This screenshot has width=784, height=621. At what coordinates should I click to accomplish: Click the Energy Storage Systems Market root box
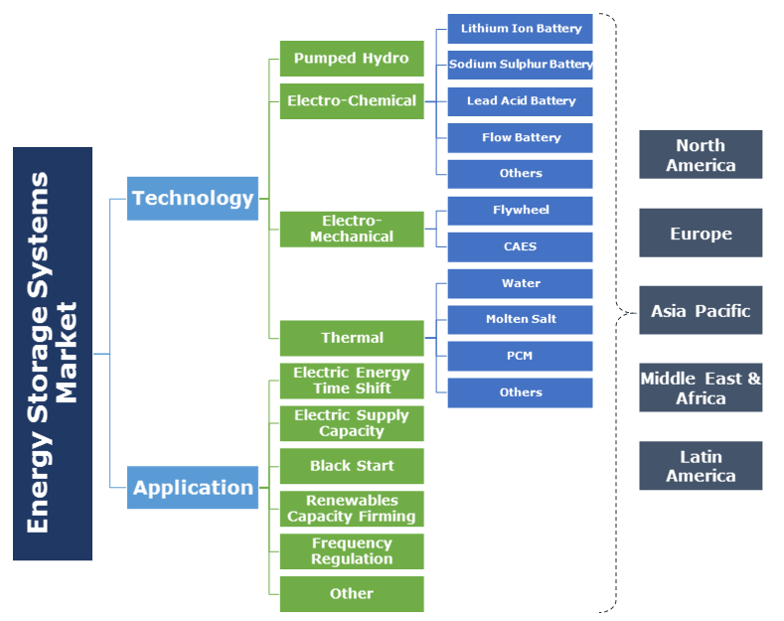pyautogui.click(x=53, y=353)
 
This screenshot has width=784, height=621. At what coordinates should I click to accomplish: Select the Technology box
pyautogui.click(x=193, y=198)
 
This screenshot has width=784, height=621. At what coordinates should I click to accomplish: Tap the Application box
pyautogui.click(x=193, y=487)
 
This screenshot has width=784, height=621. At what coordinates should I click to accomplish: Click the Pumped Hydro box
pyautogui.click(x=352, y=59)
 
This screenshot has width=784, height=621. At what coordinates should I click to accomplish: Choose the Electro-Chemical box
pyautogui.click(x=352, y=100)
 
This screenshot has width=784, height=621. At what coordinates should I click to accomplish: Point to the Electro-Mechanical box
pyautogui.click(x=352, y=229)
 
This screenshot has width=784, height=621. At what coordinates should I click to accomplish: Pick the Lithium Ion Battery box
pyautogui.click(x=520, y=29)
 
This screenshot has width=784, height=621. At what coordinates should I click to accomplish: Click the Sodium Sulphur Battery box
pyautogui.click(x=520, y=65)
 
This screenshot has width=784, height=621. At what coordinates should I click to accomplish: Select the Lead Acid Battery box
pyautogui.click(x=520, y=101)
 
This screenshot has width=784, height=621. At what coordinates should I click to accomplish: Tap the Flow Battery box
pyautogui.click(x=520, y=137)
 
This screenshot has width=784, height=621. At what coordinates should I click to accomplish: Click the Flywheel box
pyautogui.click(x=520, y=211)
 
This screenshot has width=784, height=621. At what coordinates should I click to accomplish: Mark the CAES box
pyautogui.click(x=520, y=246)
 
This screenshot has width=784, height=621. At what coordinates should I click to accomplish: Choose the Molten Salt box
pyautogui.click(x=520, y=319)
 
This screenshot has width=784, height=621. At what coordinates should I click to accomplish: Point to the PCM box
pyautogui.click(x=520, y=356)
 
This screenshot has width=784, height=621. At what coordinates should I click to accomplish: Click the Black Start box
pyautogui.click(x=352, y=466)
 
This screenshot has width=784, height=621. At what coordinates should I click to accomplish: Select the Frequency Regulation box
pyautogui.click(x=352, y=551)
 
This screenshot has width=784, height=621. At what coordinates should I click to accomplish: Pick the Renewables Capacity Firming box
pyautogui.click(x=352, y=509)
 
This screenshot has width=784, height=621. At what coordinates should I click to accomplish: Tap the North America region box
pyautogui.click(x=701, y=155)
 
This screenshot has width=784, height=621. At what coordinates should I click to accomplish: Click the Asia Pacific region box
pyautogui.click(x=701, y=311)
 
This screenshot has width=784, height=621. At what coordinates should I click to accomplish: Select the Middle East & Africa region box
pyautogui.click(x=701, y=388)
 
